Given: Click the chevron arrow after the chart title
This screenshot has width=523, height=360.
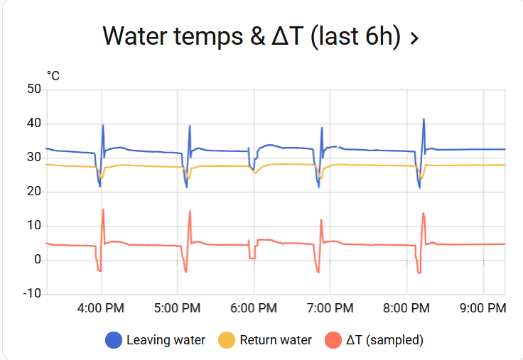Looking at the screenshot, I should click(x=414, y=38).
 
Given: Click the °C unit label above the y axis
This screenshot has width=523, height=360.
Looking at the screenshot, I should click(x=53, y=75).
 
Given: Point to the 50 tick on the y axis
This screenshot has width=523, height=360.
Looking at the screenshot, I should click(x=33, y=89).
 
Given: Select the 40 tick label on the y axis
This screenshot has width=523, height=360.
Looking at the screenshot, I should click(x=33, y=124).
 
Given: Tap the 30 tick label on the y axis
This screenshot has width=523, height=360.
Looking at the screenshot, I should click(x=33, y=158).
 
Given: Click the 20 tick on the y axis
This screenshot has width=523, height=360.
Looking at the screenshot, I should click(x=33, y=192).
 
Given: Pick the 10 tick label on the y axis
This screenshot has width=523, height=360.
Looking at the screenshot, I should click(x=33, y=226).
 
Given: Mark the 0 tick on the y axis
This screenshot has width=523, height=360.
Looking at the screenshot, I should click(x=37, y=260).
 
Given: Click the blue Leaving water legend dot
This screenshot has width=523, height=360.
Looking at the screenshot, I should click(x=113, y=340).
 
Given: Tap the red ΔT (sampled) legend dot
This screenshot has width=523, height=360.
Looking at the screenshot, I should click(x=333, y=340).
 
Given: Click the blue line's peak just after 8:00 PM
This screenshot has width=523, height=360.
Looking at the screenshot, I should click(x=424, y=119).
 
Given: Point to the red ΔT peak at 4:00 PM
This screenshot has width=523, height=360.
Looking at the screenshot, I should click(x=103, y=209).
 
